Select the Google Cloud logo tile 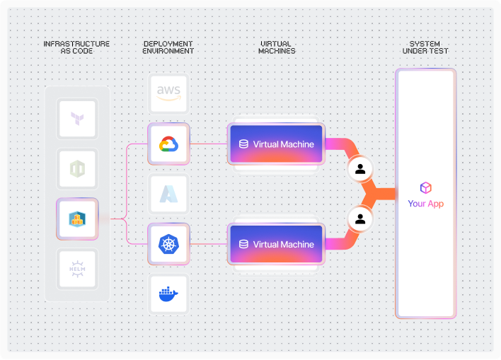(x=169, y=144)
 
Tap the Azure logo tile (x=169, y=194)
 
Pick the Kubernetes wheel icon (x=169, y=244)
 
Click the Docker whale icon (x=169, y=294)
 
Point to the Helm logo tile (x=77, y=268)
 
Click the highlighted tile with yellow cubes (x=77, y=219)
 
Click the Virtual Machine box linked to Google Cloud (x=277, y=144)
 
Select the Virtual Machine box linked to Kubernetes (x=277, y=244)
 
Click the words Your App (x=426, y=204)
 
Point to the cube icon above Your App (x=426, y=187)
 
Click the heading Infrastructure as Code (x=77, y=47)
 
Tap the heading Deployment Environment (x=168, y=47)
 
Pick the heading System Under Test (x=425, y=47)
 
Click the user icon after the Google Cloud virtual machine (x=360, y=169)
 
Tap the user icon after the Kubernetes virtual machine (x=360, y=219)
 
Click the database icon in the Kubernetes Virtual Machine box (x=243, y=244)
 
